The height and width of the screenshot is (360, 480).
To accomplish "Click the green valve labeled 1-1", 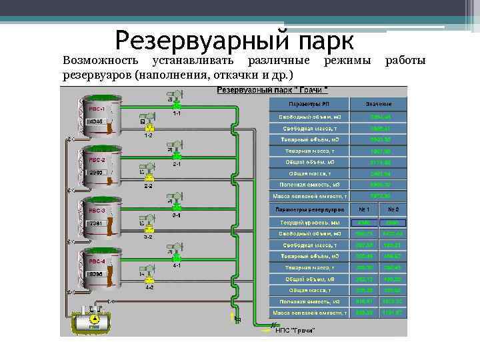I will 176,105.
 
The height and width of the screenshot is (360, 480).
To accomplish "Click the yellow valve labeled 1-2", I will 151,127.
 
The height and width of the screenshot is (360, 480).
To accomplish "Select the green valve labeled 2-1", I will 176,155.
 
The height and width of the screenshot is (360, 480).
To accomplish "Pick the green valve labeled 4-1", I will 176,257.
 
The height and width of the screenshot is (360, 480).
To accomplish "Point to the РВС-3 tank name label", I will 97,211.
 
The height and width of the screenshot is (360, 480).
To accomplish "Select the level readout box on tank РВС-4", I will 96,274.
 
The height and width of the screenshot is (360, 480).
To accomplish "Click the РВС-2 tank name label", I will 97,160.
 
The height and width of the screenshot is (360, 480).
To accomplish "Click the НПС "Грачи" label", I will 295,330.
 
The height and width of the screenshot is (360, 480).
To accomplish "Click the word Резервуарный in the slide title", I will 191,41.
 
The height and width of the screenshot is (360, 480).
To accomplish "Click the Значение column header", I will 379,105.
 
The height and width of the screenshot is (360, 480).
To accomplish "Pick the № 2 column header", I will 393,209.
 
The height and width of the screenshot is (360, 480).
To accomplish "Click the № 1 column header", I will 364,209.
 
